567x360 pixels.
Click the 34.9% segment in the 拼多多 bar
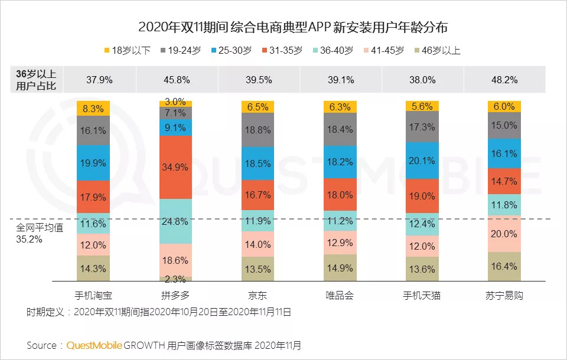click(x=175, y=167)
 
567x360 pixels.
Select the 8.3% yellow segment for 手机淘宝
click(x=93, y=108)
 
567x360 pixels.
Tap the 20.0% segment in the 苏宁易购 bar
click(x=504, y=234)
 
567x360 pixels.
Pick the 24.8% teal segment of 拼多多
click(x=175, y=222)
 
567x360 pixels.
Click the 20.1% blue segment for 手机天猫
click(x=422, y=161)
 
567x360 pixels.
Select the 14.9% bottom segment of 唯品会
click(x=340, y=268)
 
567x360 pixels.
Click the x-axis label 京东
click(x=258, y=295)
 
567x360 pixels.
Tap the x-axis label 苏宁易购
click(x=504, y=295)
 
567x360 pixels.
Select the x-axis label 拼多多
click(x=175, y=295)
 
